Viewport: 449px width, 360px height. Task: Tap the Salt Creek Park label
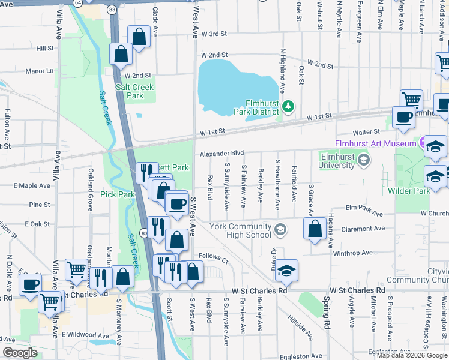coord(135,91)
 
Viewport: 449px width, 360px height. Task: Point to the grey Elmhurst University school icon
coord(363,160)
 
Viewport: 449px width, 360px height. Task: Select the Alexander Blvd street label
coord(222,153)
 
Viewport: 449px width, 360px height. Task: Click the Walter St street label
coord(367,131)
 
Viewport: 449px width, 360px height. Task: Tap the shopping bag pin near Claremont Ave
coord(315,229)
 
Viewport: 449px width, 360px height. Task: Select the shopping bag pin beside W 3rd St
coord(139,37)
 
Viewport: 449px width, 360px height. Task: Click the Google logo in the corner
coord(20,353)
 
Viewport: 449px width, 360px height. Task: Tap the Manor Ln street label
coord(39,71)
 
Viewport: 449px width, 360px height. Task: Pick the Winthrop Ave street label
coord(357,253)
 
